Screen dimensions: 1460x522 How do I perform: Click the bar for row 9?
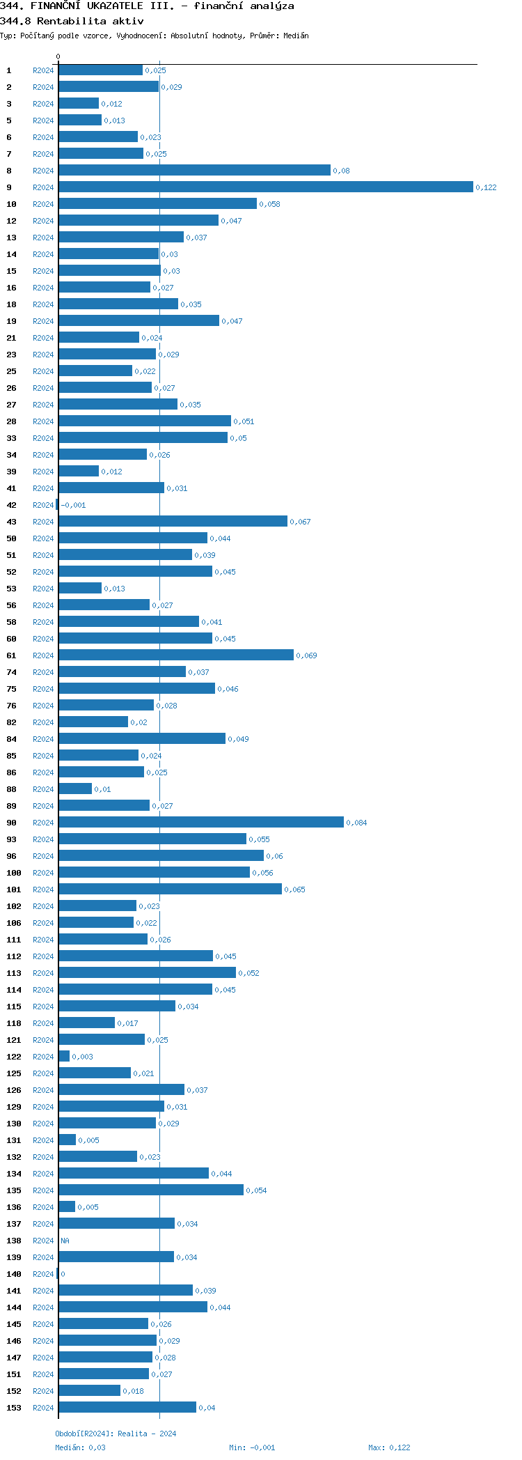pos(266,187)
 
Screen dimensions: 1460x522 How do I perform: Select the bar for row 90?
pos(201,823)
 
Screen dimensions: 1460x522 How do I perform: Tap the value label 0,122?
pos(486,187)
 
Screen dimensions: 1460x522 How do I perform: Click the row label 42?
pos(12,505)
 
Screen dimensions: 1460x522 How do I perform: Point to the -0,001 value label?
pos(73,505)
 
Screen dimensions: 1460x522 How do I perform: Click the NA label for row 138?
pos(65,1241)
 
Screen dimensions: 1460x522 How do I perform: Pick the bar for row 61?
pos(176,655)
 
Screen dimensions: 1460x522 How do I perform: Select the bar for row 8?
pos(194,171)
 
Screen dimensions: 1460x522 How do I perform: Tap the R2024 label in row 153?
pos(43,1408)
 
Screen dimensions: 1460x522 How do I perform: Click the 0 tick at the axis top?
pos(58,56)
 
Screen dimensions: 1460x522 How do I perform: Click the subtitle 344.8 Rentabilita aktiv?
pos(72,21)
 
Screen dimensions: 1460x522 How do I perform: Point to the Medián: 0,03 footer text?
pos(81,1447)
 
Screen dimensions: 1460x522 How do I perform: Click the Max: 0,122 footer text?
pos(389,1447)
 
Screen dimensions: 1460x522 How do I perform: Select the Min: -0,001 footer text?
pos(252,1447)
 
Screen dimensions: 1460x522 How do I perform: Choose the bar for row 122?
pos(64,1057)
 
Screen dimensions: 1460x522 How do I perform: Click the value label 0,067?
pos(300,522)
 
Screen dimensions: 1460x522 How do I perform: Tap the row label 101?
pos(14,890)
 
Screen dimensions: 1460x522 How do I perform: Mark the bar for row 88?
pos(75,789)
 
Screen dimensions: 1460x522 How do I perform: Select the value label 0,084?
pos(356,823)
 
